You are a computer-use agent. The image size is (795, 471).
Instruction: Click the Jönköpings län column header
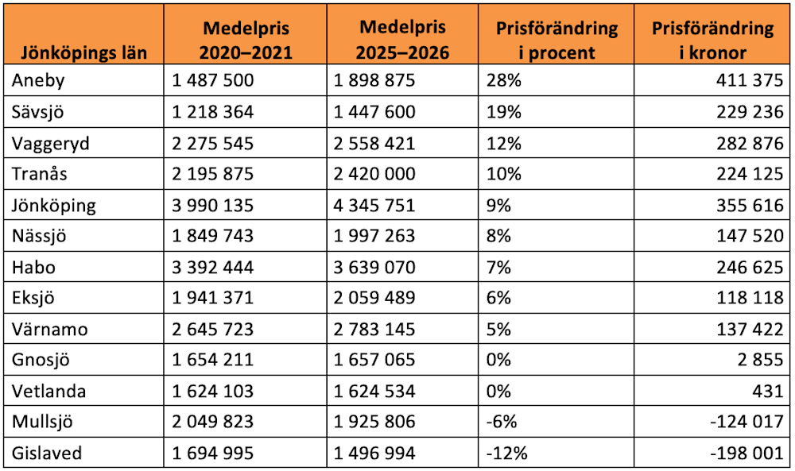[x=83, y=52]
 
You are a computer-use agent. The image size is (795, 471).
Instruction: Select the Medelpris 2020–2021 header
[x=246, y=40]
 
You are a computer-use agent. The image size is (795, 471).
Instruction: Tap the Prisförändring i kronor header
[x=712, y=40]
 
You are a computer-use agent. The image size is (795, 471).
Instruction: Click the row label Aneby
[x=38, y=80]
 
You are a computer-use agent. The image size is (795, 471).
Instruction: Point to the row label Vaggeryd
[x=51, y=144]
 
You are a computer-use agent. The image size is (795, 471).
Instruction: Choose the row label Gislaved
[x=47, y=453]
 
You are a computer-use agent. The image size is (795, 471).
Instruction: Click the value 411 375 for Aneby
[x=750, y=80]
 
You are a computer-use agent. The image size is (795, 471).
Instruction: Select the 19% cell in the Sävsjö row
[x=504, y=112]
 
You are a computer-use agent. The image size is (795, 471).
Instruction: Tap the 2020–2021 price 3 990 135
[x=212, y=205]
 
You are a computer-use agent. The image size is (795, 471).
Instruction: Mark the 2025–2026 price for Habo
[x=374, y=267]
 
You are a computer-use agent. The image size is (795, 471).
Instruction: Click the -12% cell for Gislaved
[x=507, y=453]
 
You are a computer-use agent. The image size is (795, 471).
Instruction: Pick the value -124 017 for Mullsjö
[x=747, y=422]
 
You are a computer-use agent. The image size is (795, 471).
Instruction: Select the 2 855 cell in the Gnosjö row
[x=761, y=360]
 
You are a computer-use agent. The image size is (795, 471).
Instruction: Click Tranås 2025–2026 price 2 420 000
[x=374, y=174]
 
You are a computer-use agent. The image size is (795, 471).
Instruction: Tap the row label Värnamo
[x=49, y=329]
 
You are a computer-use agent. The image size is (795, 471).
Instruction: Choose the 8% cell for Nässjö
[x=499, y=236]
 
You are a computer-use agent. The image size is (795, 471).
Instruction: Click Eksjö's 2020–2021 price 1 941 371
[x=212, y=297]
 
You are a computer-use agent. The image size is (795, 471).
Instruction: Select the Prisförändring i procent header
[x=556, y=40]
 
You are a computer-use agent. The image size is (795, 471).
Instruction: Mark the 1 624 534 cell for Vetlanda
[x=374, y=391]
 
